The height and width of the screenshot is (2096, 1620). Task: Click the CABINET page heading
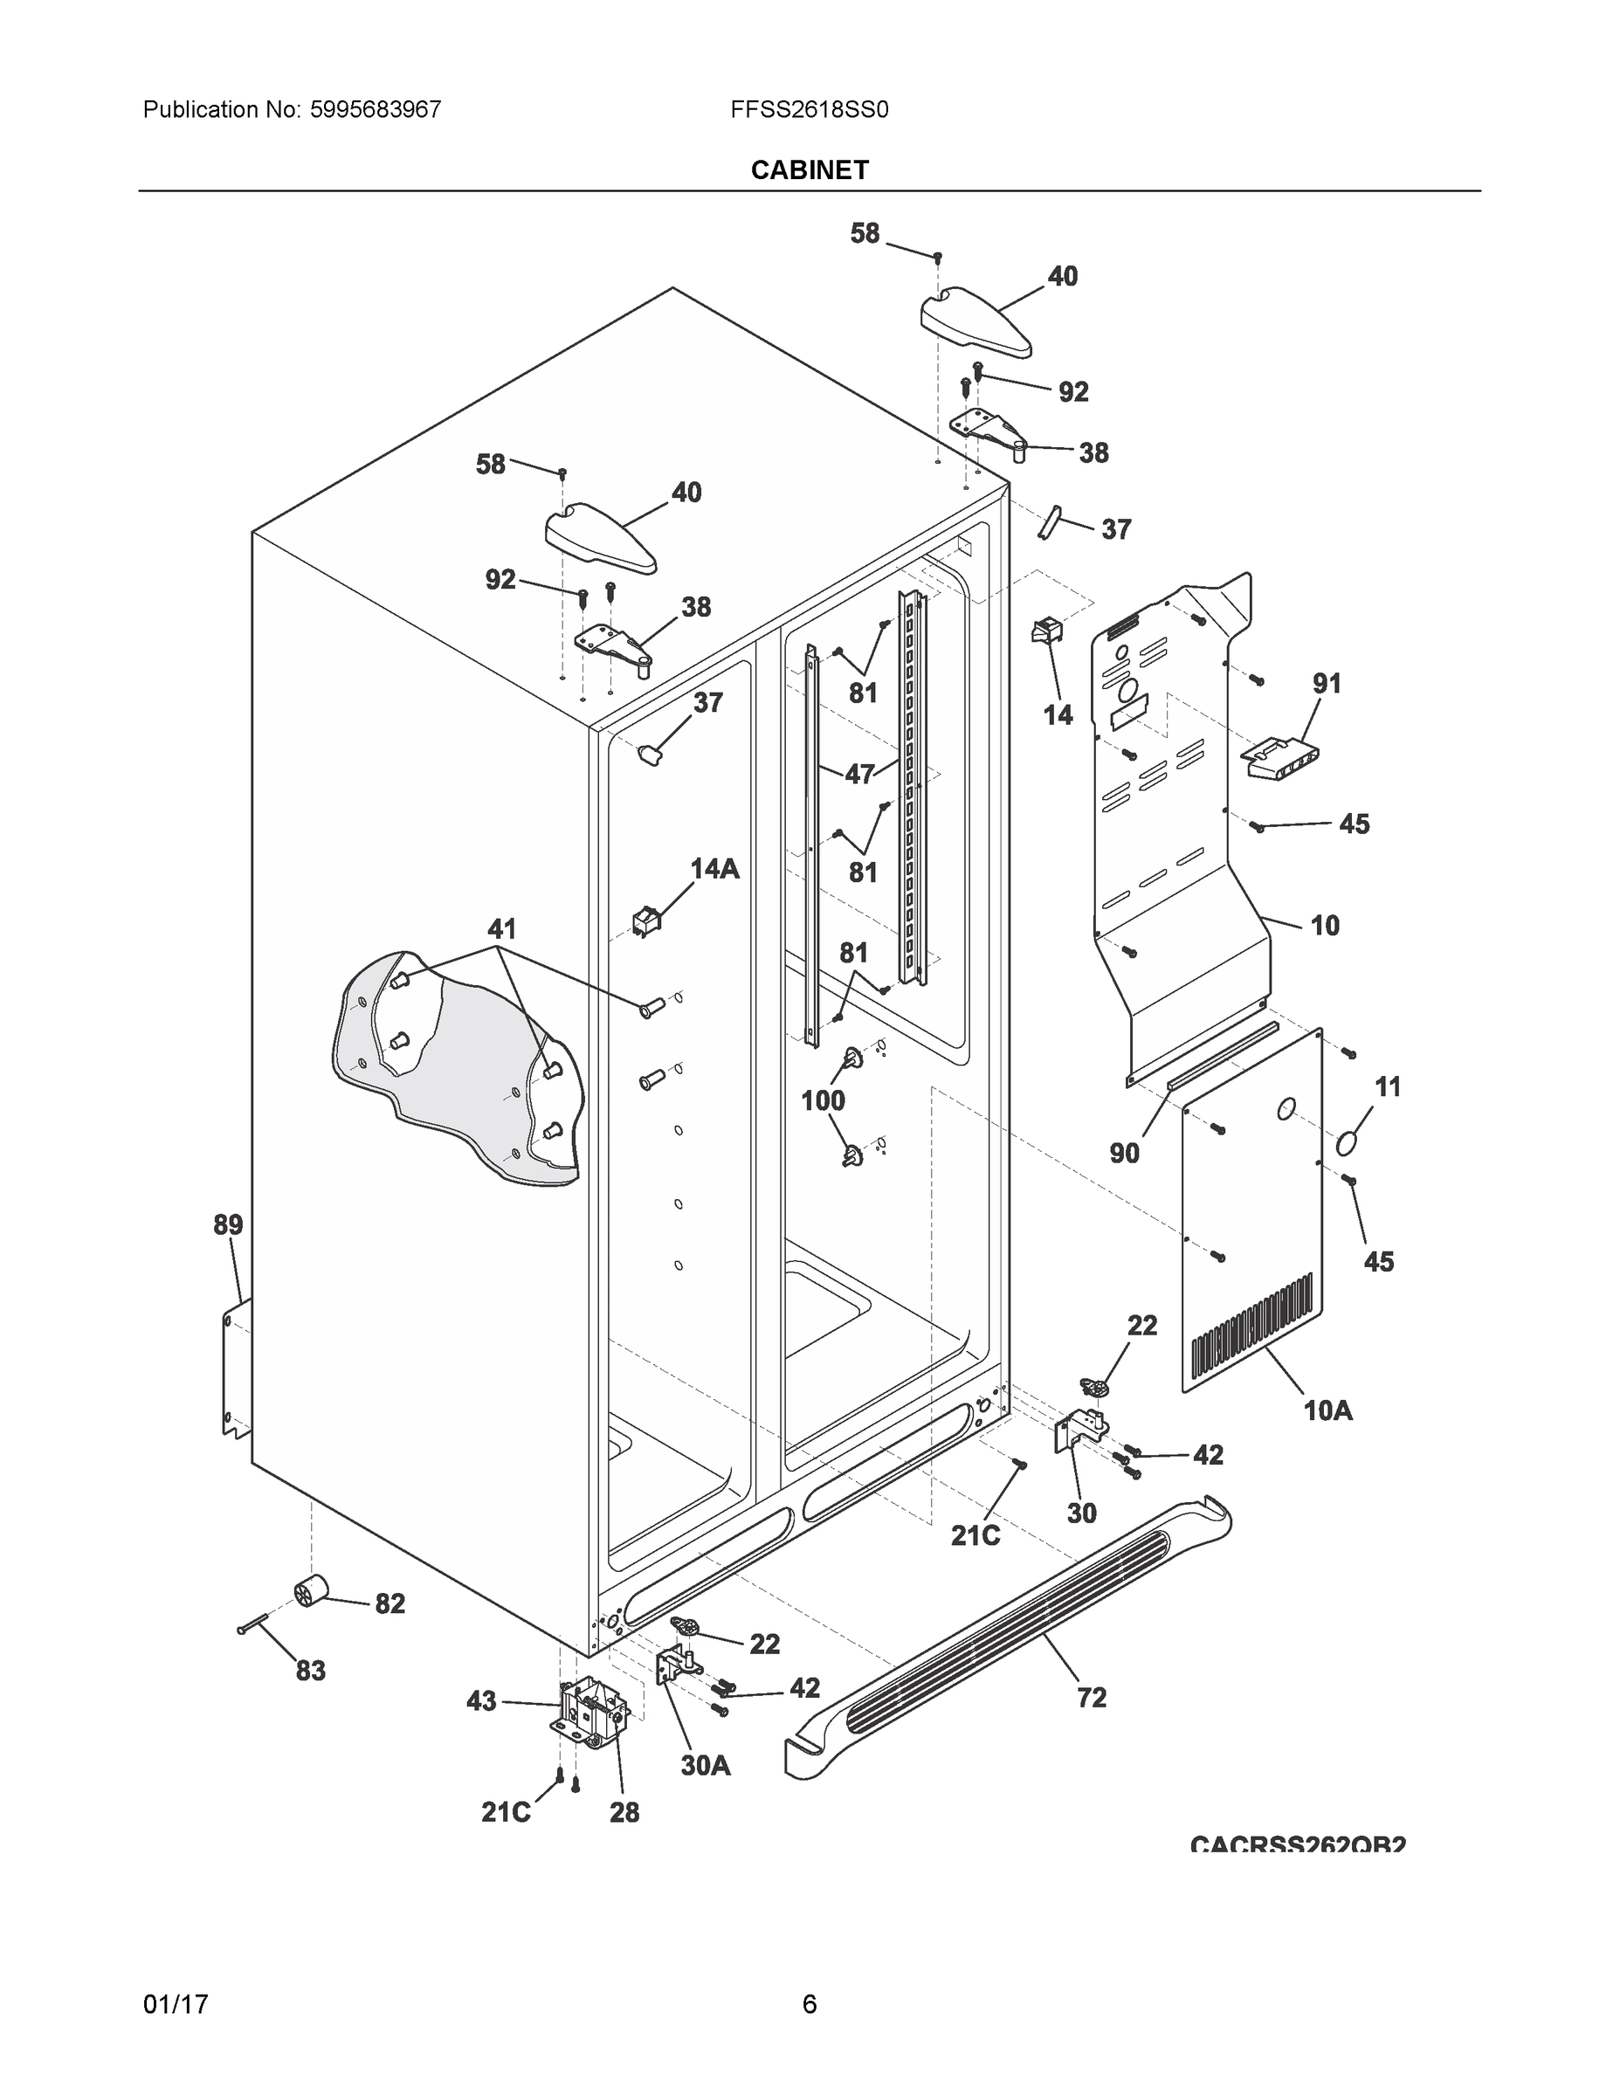coord(809,170)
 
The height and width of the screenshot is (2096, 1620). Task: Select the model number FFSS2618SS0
coord(809,109)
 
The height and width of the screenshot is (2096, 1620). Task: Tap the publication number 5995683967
coord(376,109)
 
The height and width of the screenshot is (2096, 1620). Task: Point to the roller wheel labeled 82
coord(310,1592)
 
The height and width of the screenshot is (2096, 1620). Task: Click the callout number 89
coord(227,1224)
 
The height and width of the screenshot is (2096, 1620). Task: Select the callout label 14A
coord(714,869)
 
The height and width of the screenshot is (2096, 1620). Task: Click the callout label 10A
coord(1327,1410)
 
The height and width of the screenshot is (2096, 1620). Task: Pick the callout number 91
coord(1327,683)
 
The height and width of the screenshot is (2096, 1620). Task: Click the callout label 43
coord(481,1701)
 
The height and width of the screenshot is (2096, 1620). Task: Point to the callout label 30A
coord(705,1765)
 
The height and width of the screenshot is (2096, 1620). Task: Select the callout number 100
coord(823,1100)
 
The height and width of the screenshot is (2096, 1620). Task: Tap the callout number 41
coord(501,928)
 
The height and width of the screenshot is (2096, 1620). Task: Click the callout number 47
coord(859,774)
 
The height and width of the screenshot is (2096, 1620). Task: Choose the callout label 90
coord(1124,1153)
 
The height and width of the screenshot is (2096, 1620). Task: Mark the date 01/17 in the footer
coord(176,2004)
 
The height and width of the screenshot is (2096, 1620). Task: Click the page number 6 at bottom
coord(809,2004)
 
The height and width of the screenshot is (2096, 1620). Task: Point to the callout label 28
coord(624,1812)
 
